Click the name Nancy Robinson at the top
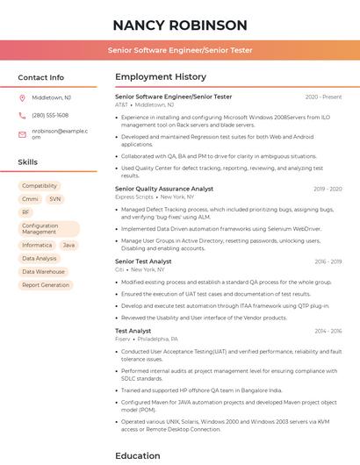click(180, 25)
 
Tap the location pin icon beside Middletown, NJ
click(23, 97)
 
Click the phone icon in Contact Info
click(23, 115)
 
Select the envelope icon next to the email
click(23, 134)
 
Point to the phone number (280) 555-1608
click(50, 115)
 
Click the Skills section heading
click(28, 162)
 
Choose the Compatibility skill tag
click(40, 186)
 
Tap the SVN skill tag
click(55, 199)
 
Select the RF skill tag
click(26, 212)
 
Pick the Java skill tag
click(68, 246)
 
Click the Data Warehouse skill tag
click(44, 272)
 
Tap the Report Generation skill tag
click(46, 285)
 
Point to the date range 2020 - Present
click(323, 97)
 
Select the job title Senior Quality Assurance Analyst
click(164, 189)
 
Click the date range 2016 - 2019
click(328, 261)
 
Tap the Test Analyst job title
click(133, 331)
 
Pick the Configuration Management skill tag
click(40, 229)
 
